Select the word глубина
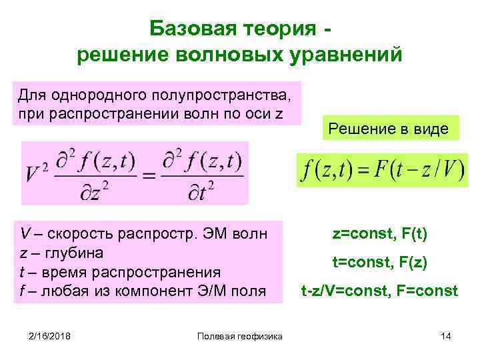point(70,253)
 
